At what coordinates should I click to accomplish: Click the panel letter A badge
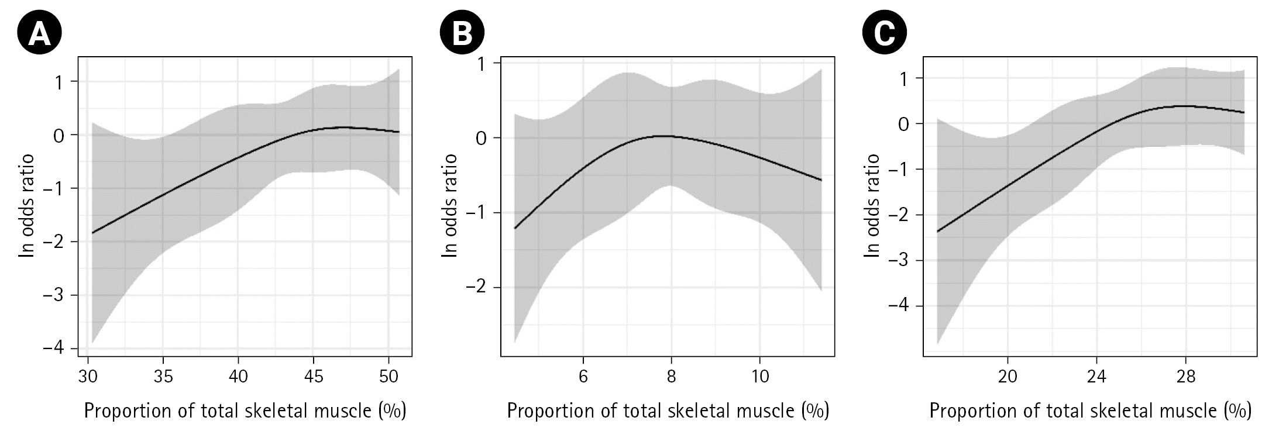coord(40,33)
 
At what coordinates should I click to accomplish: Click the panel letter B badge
coord(462,33)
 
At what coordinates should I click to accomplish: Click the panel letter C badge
coord(885,33)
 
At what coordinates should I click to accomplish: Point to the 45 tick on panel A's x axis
coord(314,377)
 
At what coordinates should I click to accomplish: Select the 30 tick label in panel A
coord(88,377)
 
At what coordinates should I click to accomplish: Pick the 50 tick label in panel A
coord(388,377)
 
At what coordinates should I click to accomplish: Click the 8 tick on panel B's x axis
coord(671,377)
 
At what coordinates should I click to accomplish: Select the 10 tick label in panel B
coord(759,377)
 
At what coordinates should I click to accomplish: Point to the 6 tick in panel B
coord(583,377)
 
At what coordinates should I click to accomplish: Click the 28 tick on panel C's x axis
coord(1185,377)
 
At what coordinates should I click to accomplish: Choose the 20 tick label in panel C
coord(1008,377)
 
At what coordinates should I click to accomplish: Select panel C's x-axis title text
coord(1090,411)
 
